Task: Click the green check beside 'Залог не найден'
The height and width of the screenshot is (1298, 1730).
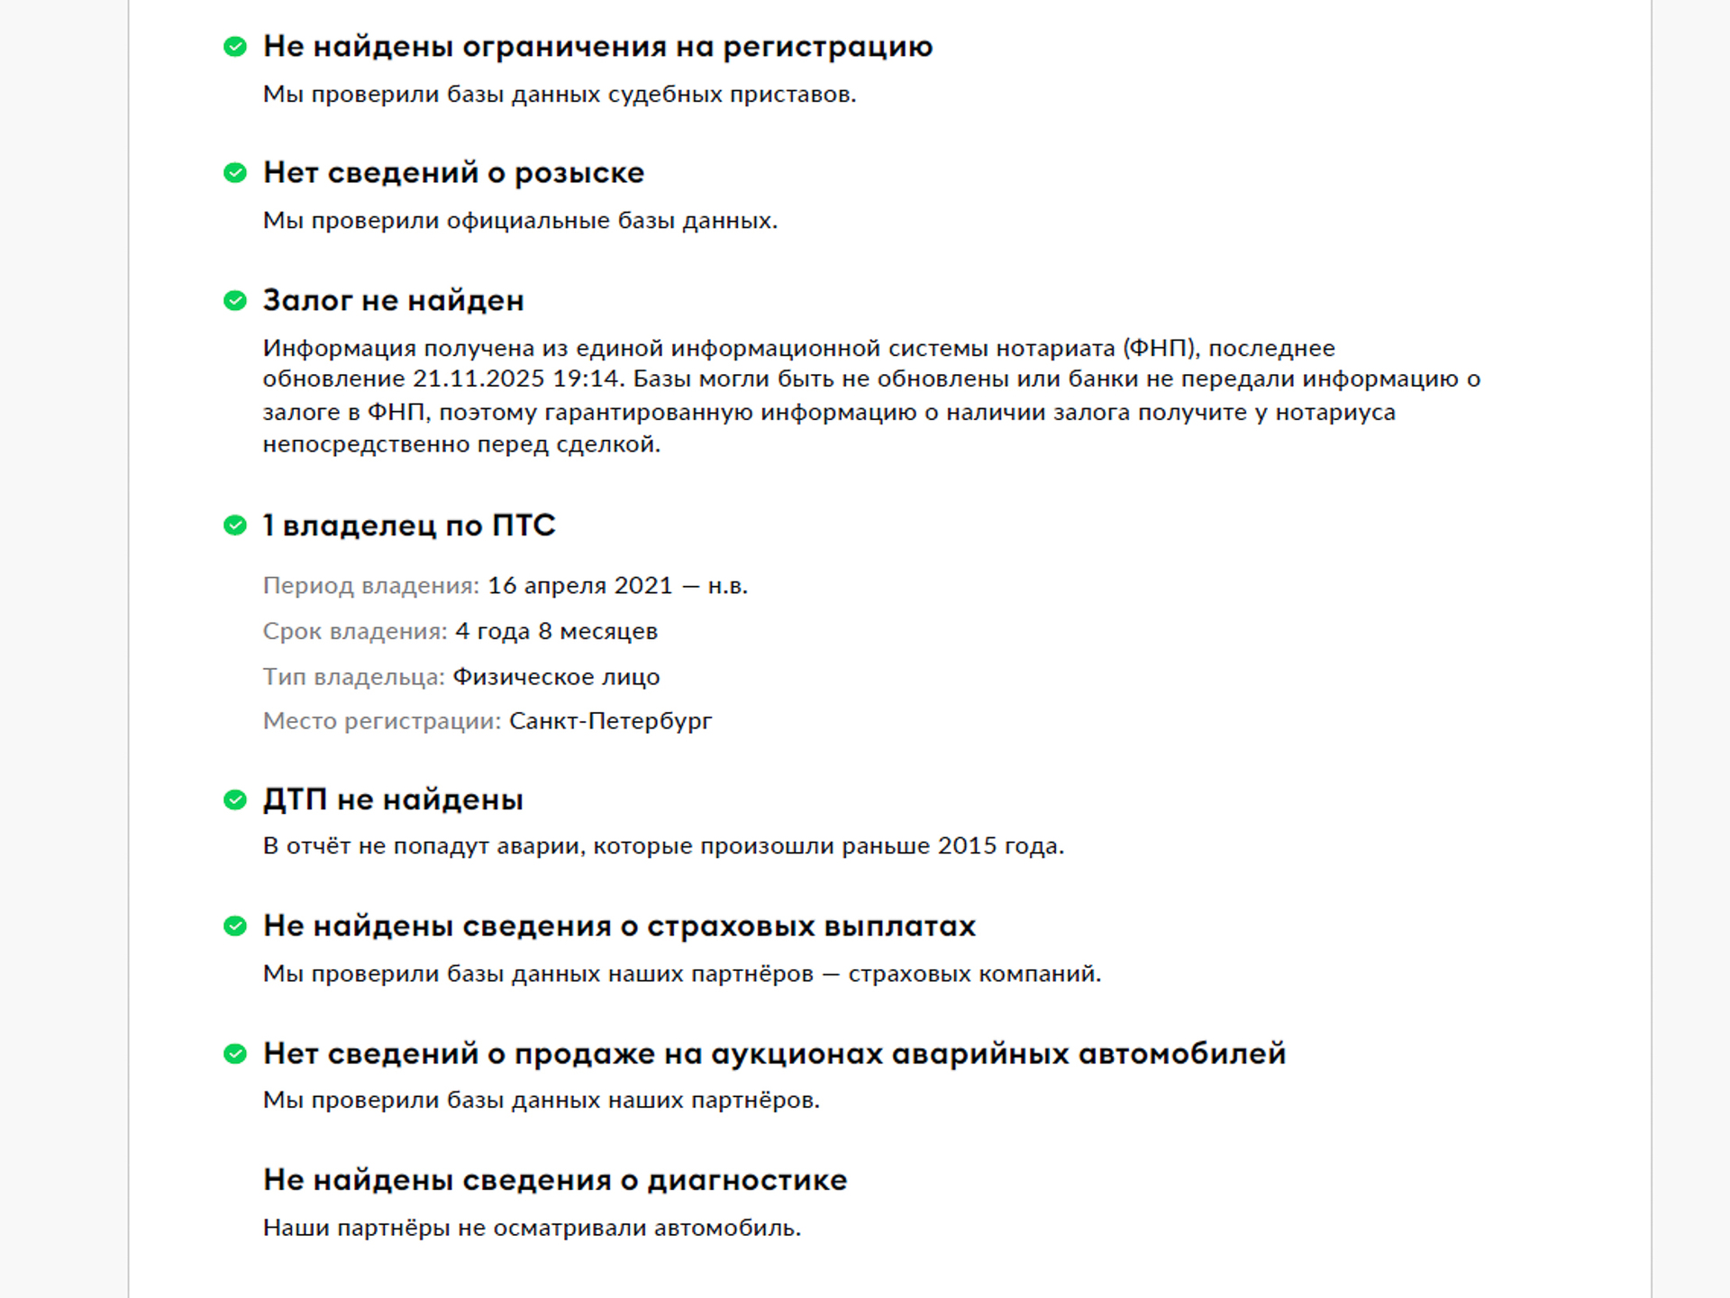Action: click(235, 301)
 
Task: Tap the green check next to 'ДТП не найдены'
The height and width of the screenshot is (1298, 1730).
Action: click(235, 800)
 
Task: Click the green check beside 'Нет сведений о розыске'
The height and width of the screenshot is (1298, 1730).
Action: click(235, 173)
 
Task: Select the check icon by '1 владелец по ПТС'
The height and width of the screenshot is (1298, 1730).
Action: click(235, 526)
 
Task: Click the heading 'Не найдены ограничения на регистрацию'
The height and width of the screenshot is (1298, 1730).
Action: click(597, 47)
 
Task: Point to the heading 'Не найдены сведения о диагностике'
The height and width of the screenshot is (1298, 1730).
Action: click(555, 1180)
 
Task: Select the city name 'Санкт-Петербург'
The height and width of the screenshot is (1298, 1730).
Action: click(610, 721)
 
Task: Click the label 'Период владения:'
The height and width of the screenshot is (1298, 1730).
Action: click(371, 586)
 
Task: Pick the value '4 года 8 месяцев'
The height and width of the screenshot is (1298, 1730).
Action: click(556, 632)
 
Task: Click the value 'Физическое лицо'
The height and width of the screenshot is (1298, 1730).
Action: click(556, 677)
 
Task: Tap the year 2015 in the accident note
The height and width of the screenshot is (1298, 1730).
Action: click(967, 846)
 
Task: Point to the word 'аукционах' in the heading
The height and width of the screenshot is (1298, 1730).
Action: click(797, 1054)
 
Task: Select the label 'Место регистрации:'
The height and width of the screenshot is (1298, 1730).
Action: click(382, 721)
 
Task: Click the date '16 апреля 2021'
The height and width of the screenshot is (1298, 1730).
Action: click(580, 586)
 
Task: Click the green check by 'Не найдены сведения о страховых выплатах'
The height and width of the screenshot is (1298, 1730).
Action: click(235, 927)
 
